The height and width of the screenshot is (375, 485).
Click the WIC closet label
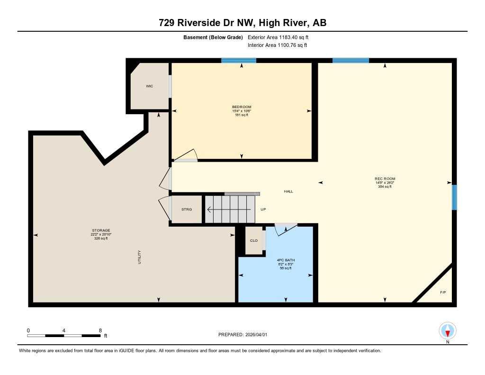click(x=149, y=86)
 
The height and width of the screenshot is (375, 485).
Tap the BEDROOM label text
click(x=242, y=107)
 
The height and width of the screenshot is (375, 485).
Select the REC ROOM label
click(x=385, y=179)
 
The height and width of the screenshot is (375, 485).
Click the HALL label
click(x=288, y=192)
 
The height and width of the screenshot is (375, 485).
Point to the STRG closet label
click(x=187, y=209)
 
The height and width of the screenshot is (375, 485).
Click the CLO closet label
click(x=254, y=240)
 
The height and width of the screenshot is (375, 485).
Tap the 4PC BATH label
click(x=284, y=260)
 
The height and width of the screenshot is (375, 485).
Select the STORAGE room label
click(x=100, y=230)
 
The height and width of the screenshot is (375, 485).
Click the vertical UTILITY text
click(x=139, y=257)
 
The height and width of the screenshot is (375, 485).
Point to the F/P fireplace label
click(x=443, y=292)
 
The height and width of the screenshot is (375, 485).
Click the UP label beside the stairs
click(x=263, y=209)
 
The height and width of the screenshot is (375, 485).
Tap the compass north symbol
click(x=448, y=330)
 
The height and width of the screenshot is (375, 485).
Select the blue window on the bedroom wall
click(x=239, y=60)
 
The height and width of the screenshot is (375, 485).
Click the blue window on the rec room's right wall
click(x=454, y=197)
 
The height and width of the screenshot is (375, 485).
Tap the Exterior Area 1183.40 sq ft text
click(x=278, y=37)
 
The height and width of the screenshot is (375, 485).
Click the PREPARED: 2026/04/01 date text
click(x=242, y=335)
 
